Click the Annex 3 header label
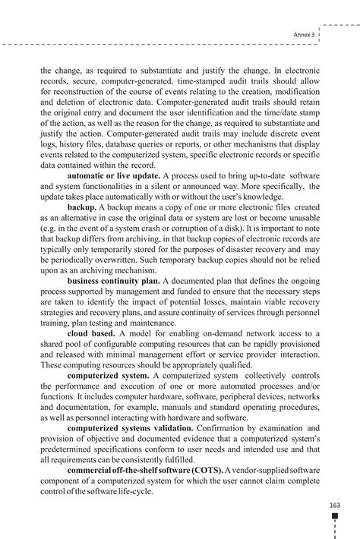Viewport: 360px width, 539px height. (304, 34)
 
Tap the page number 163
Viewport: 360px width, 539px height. (334, 505)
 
